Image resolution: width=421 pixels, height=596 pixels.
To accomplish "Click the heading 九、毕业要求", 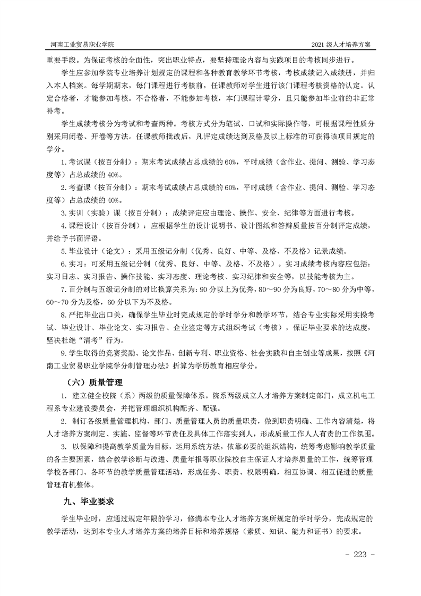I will click(89, 500).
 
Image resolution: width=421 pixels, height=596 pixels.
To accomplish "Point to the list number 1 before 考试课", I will click(63, 161).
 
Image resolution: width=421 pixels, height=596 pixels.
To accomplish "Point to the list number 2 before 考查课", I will click(63, 187).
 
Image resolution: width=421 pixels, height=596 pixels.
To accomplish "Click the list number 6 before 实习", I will click(63, 264).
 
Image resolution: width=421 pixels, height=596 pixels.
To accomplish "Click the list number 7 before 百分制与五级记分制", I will click(63, 290).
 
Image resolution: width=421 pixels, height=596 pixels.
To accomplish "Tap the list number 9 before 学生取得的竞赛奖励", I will click(63, 353).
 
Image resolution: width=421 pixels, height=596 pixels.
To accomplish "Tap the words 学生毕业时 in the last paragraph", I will click(80, 517).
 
